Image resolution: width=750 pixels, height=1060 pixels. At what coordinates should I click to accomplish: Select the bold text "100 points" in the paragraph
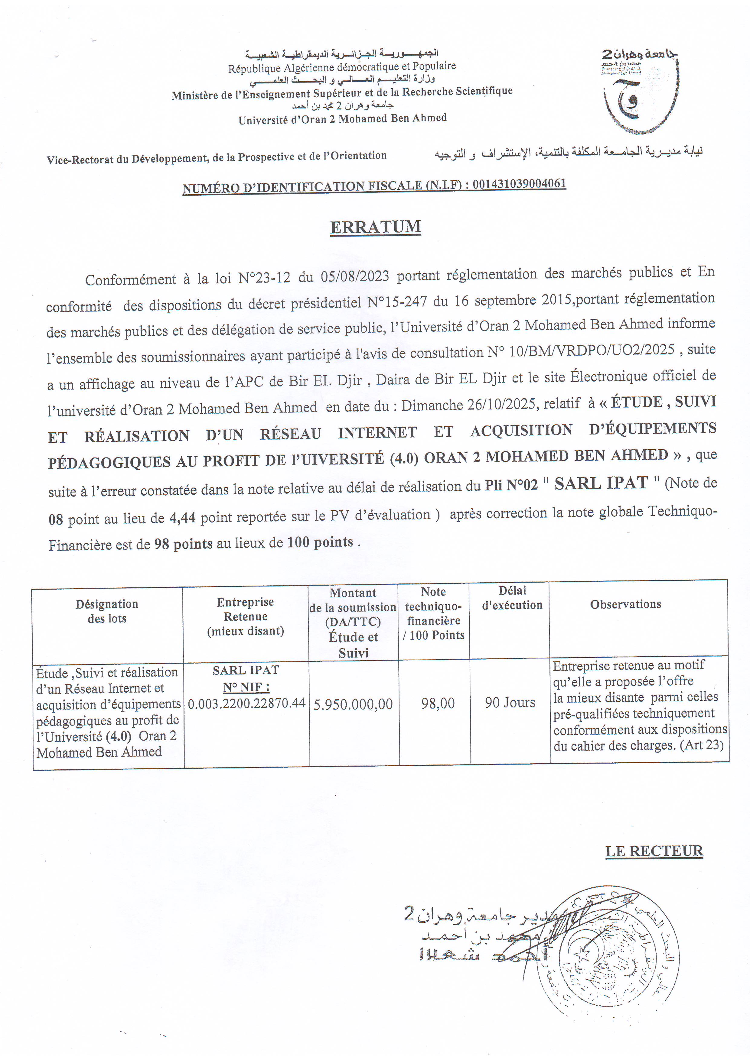pyautogui.click(x=320, y=542)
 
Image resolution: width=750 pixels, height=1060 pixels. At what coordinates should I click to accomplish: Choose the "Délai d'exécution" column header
pyautogui.click(x=512, y=598)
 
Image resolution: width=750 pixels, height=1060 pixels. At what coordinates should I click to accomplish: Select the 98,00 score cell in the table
pyautogui.click(x=438, y=703)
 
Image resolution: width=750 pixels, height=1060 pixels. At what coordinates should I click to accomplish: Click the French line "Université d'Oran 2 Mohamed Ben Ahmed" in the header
pyautogui.click(x=342, y=119)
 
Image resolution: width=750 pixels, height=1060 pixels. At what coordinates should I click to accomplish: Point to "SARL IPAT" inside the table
pyautogui.click(x=246, y=670)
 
